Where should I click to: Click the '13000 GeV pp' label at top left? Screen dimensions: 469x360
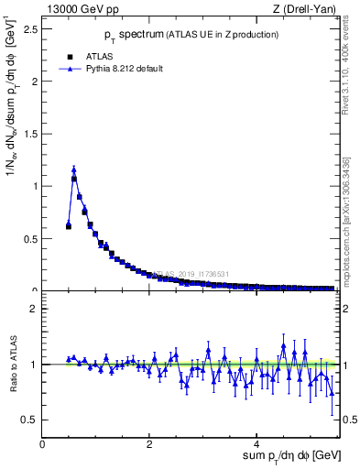point(82,10)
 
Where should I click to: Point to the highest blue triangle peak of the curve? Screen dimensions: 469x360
point(73,169)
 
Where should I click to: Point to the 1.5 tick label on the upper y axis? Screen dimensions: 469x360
point(30,134)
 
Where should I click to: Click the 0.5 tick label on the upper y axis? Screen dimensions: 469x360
point(30,239)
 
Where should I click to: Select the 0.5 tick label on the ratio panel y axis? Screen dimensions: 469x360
point(30,420)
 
